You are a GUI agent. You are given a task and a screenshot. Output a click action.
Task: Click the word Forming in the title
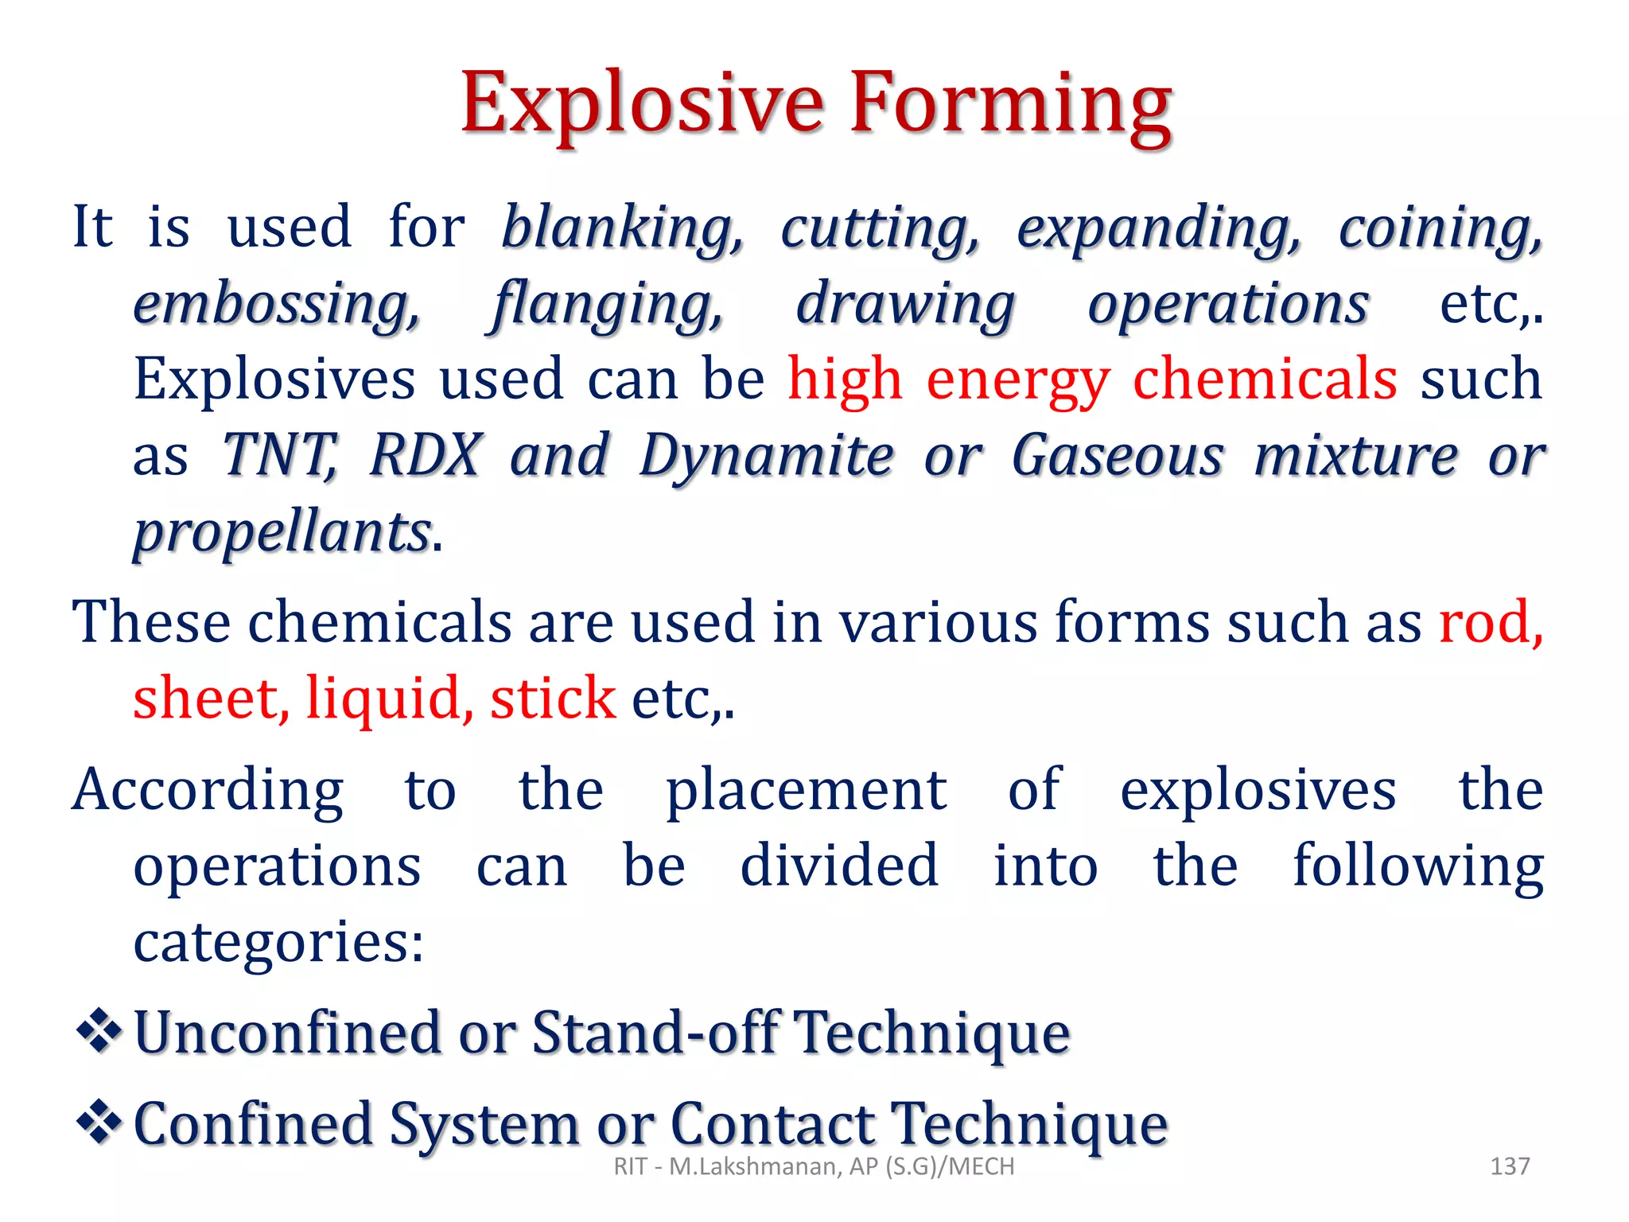click(1010, 103)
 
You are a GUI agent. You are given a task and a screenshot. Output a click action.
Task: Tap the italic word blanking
click(623, 228)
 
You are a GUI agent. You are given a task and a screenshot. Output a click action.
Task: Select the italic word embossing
click(277, 304)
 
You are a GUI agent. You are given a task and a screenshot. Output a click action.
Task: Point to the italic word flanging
click(608, 304)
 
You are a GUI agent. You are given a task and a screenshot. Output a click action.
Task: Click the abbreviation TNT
click(280, 455)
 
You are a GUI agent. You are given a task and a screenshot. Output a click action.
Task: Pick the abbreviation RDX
click(426, 455)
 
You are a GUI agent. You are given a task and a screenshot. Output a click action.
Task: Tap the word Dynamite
click(767, 455)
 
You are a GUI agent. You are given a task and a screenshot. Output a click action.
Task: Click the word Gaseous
click(1118, 455)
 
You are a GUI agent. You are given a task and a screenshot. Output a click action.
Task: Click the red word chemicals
click(1265, 379)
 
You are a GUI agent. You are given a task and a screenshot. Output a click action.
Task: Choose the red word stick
click(553, 699)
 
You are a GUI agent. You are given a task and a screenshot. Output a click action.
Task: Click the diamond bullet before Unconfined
click(99, 1031)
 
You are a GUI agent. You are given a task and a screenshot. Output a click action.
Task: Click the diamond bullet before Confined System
click(99, 1123)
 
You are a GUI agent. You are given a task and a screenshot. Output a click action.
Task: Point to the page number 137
click(1510, 1166)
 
